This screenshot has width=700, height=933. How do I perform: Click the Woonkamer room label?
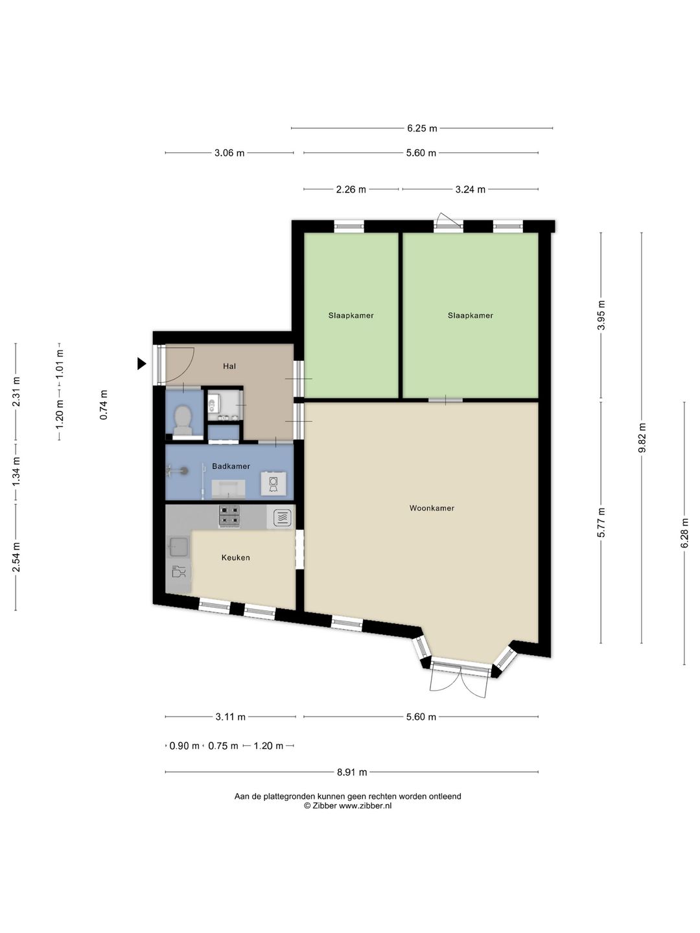[x=432, y=508]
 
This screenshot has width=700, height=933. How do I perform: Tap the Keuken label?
[x=235, y=557]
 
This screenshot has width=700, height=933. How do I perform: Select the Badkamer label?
[x=231, y=466]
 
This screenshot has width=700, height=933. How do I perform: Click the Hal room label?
[x=229, y=366]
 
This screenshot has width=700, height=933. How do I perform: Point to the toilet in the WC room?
[x=183, y=420]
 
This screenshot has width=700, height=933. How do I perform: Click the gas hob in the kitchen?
[x=229, y=516]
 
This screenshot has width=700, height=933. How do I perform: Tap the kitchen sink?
[x=178, y=547]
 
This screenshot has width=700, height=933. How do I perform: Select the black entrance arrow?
[x=141, y=364]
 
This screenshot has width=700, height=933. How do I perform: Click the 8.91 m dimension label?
[x=352, y=772]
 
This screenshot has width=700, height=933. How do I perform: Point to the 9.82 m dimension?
[x=642, y=438]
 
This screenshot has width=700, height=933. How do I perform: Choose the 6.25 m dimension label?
[x=422, y=128]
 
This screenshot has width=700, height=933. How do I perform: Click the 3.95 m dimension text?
[x=601, y=315]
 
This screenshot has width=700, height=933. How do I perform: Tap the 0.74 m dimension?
[x=104, y=405]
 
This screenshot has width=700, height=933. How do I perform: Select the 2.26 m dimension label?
[x=351, y=190]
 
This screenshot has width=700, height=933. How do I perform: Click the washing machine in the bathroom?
[x=273, y=483]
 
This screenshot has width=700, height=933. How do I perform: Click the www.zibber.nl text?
[x=365, y=805]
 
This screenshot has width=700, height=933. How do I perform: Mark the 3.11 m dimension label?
[x=230, y=717]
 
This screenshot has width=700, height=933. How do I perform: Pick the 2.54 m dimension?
[x=17, y=557]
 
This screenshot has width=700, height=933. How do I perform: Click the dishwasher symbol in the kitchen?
[x=179, y=571]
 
